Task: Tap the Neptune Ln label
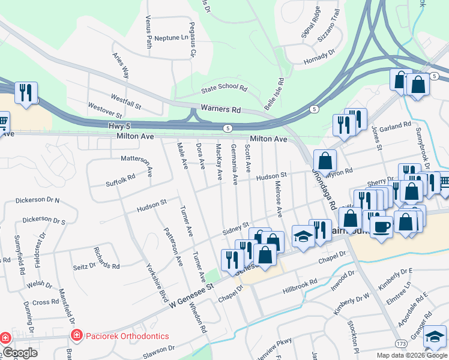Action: (x=171, y=38)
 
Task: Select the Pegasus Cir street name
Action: (x=193, y=46)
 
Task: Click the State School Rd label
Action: (x=224, y=88)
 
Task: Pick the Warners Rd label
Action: (x=220, y=110)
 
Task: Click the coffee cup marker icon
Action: (x=381, y=226)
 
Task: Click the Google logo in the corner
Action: (x=19, y=353)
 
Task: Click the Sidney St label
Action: (x=235, y=229)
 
